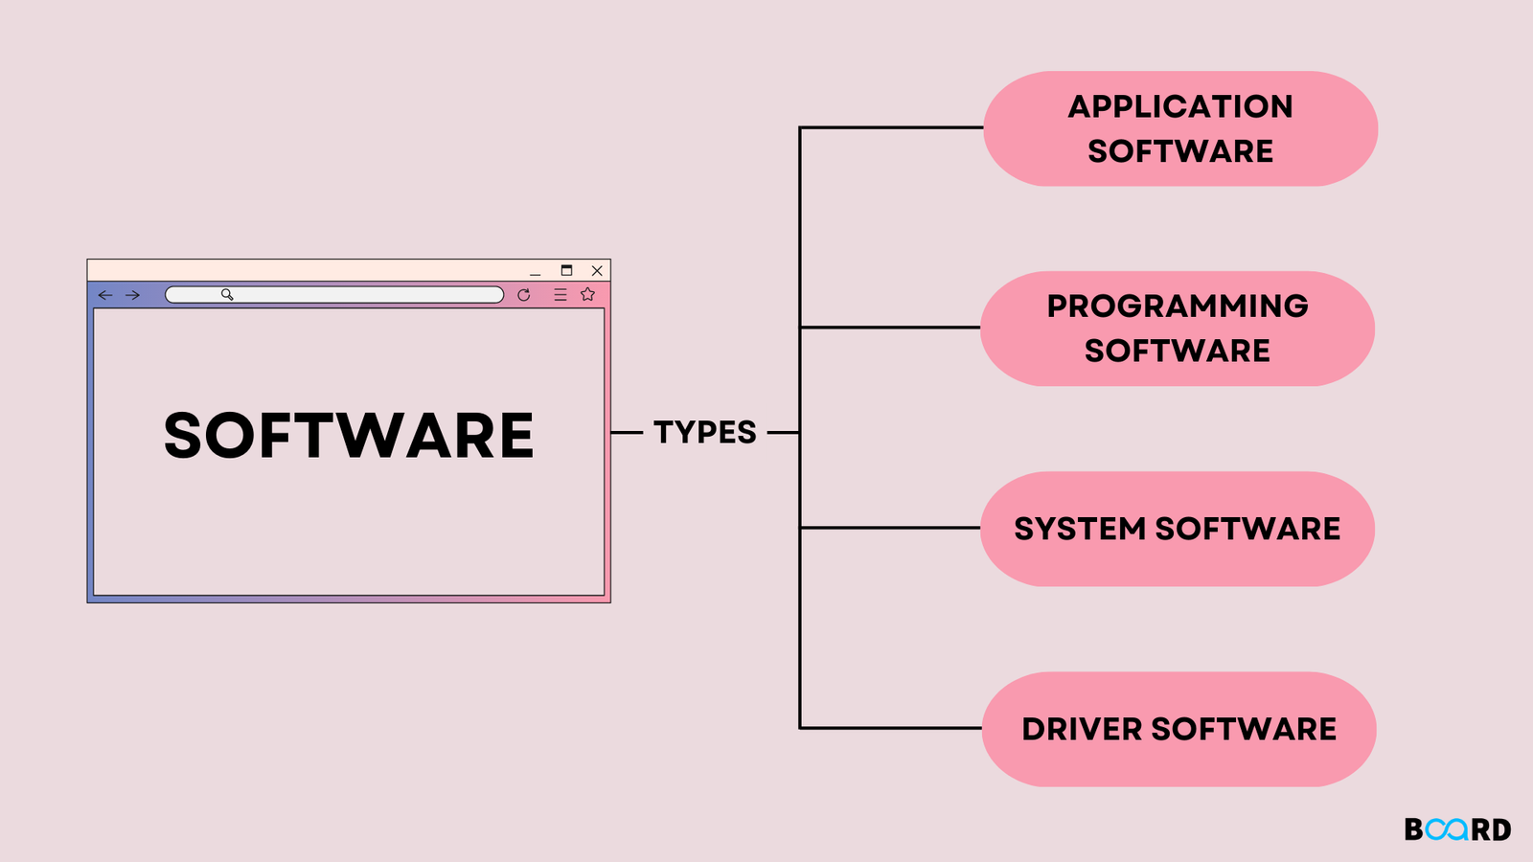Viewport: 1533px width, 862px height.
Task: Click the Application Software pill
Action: pos(1180,128)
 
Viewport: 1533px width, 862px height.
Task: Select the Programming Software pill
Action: pos(1178,329)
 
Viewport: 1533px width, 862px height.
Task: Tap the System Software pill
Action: pos(1178,529)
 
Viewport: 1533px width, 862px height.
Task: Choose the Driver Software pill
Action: pos(1178,729)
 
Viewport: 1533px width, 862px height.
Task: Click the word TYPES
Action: pos(705,432)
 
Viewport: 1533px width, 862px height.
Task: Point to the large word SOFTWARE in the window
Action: pos(349,436)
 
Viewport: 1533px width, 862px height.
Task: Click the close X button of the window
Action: pos(597,271)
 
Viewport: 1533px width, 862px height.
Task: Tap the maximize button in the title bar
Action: pos(566,270)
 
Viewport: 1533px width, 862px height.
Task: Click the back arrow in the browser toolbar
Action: pos(105,295)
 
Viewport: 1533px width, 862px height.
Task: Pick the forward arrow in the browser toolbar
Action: pos(133,295)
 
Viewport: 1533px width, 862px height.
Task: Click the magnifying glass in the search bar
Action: pos(227,294)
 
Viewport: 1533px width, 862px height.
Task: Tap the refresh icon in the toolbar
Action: pos(523,295)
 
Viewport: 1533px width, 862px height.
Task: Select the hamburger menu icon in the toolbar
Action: pos(561,295)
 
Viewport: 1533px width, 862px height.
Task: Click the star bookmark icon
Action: pos(588,294)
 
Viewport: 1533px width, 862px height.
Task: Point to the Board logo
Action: pos(1457,829)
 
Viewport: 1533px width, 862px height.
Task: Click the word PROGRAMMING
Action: pos(1178,306)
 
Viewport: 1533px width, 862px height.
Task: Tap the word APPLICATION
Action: pos(1180,106)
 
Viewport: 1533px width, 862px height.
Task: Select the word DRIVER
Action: pos(1082,730)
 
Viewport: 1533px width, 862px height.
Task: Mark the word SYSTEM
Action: pos(1080,529)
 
